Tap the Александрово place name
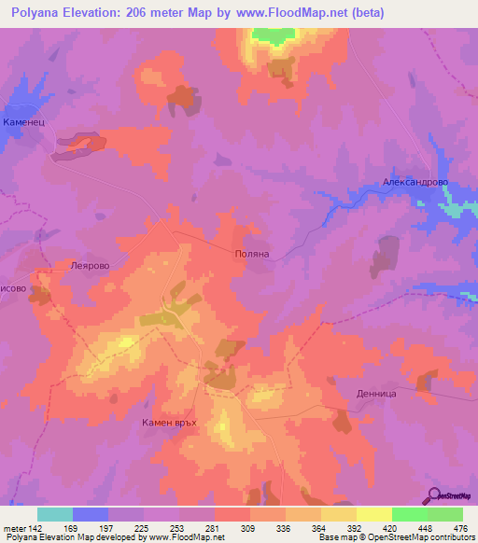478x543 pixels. pos(415,184)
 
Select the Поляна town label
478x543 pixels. pos(251,253)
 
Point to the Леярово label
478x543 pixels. pos(90,265)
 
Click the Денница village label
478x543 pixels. pos(377,394)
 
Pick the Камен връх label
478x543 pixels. pos(173,423)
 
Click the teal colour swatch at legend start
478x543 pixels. pos(54,514)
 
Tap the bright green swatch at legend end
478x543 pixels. pos(444,514)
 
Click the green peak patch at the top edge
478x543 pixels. pos(271,35)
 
